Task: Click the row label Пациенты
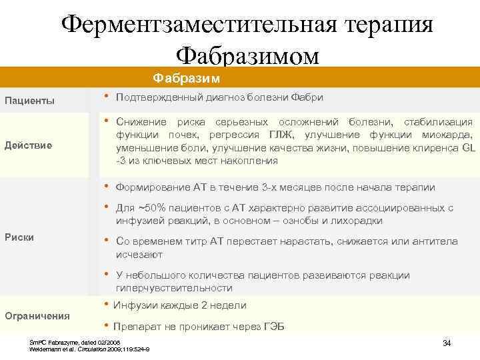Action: pos(30,101)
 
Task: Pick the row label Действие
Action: pos(29,145)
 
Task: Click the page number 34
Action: pos(447,343)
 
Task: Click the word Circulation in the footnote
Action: pos(94,349)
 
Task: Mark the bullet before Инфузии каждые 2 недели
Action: pos(107,305)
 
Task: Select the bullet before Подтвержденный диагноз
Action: pos(107,97)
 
